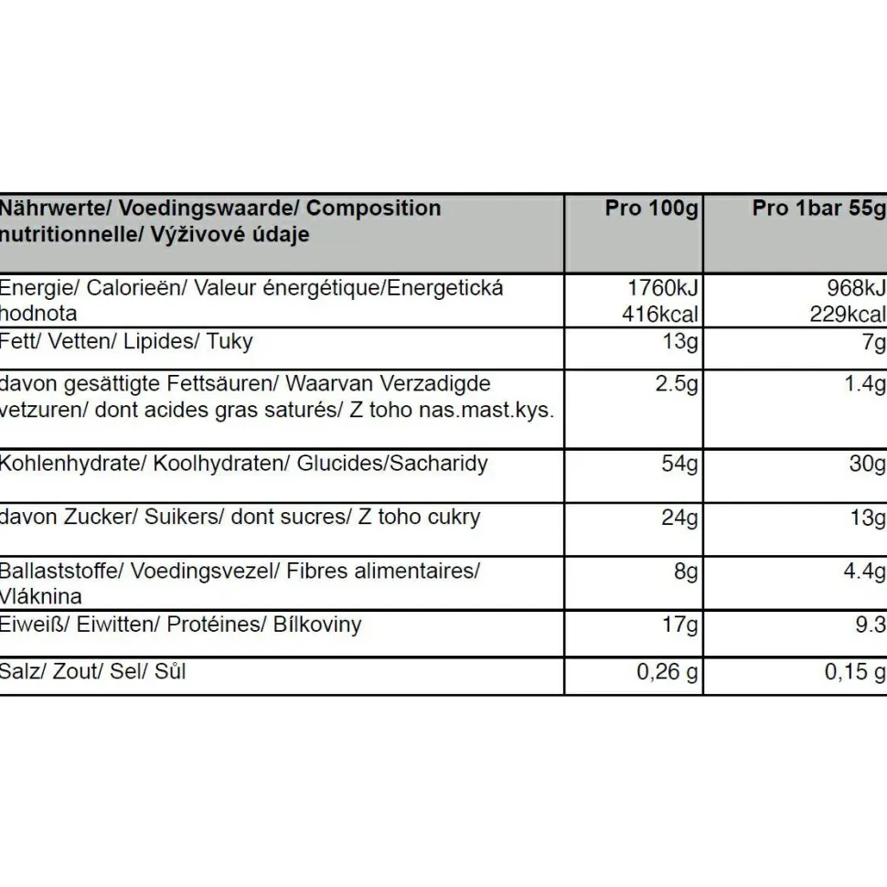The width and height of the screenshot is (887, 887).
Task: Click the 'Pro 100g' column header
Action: click(x=651, y=208)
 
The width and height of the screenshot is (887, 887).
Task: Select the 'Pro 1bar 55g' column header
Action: click(x=819, y=208)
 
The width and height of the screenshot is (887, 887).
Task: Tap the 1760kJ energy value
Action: click(x=664, y=288)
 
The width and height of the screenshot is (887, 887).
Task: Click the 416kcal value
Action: click(x=660, y=315)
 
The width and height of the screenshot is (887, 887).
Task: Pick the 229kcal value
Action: click(x=848, y=315)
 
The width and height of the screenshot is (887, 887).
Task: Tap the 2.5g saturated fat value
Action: click(x=676, y=383)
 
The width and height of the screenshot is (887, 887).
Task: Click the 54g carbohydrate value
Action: click(x=679, y=464)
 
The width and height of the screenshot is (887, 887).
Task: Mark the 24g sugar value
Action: click(x=679, y=518)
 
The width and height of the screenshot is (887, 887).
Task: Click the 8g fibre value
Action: click(x=686, y=572)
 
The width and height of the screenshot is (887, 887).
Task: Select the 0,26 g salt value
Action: click(x=668, y=672)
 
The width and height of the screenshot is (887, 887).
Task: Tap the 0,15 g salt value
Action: click(x=855, y=672)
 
